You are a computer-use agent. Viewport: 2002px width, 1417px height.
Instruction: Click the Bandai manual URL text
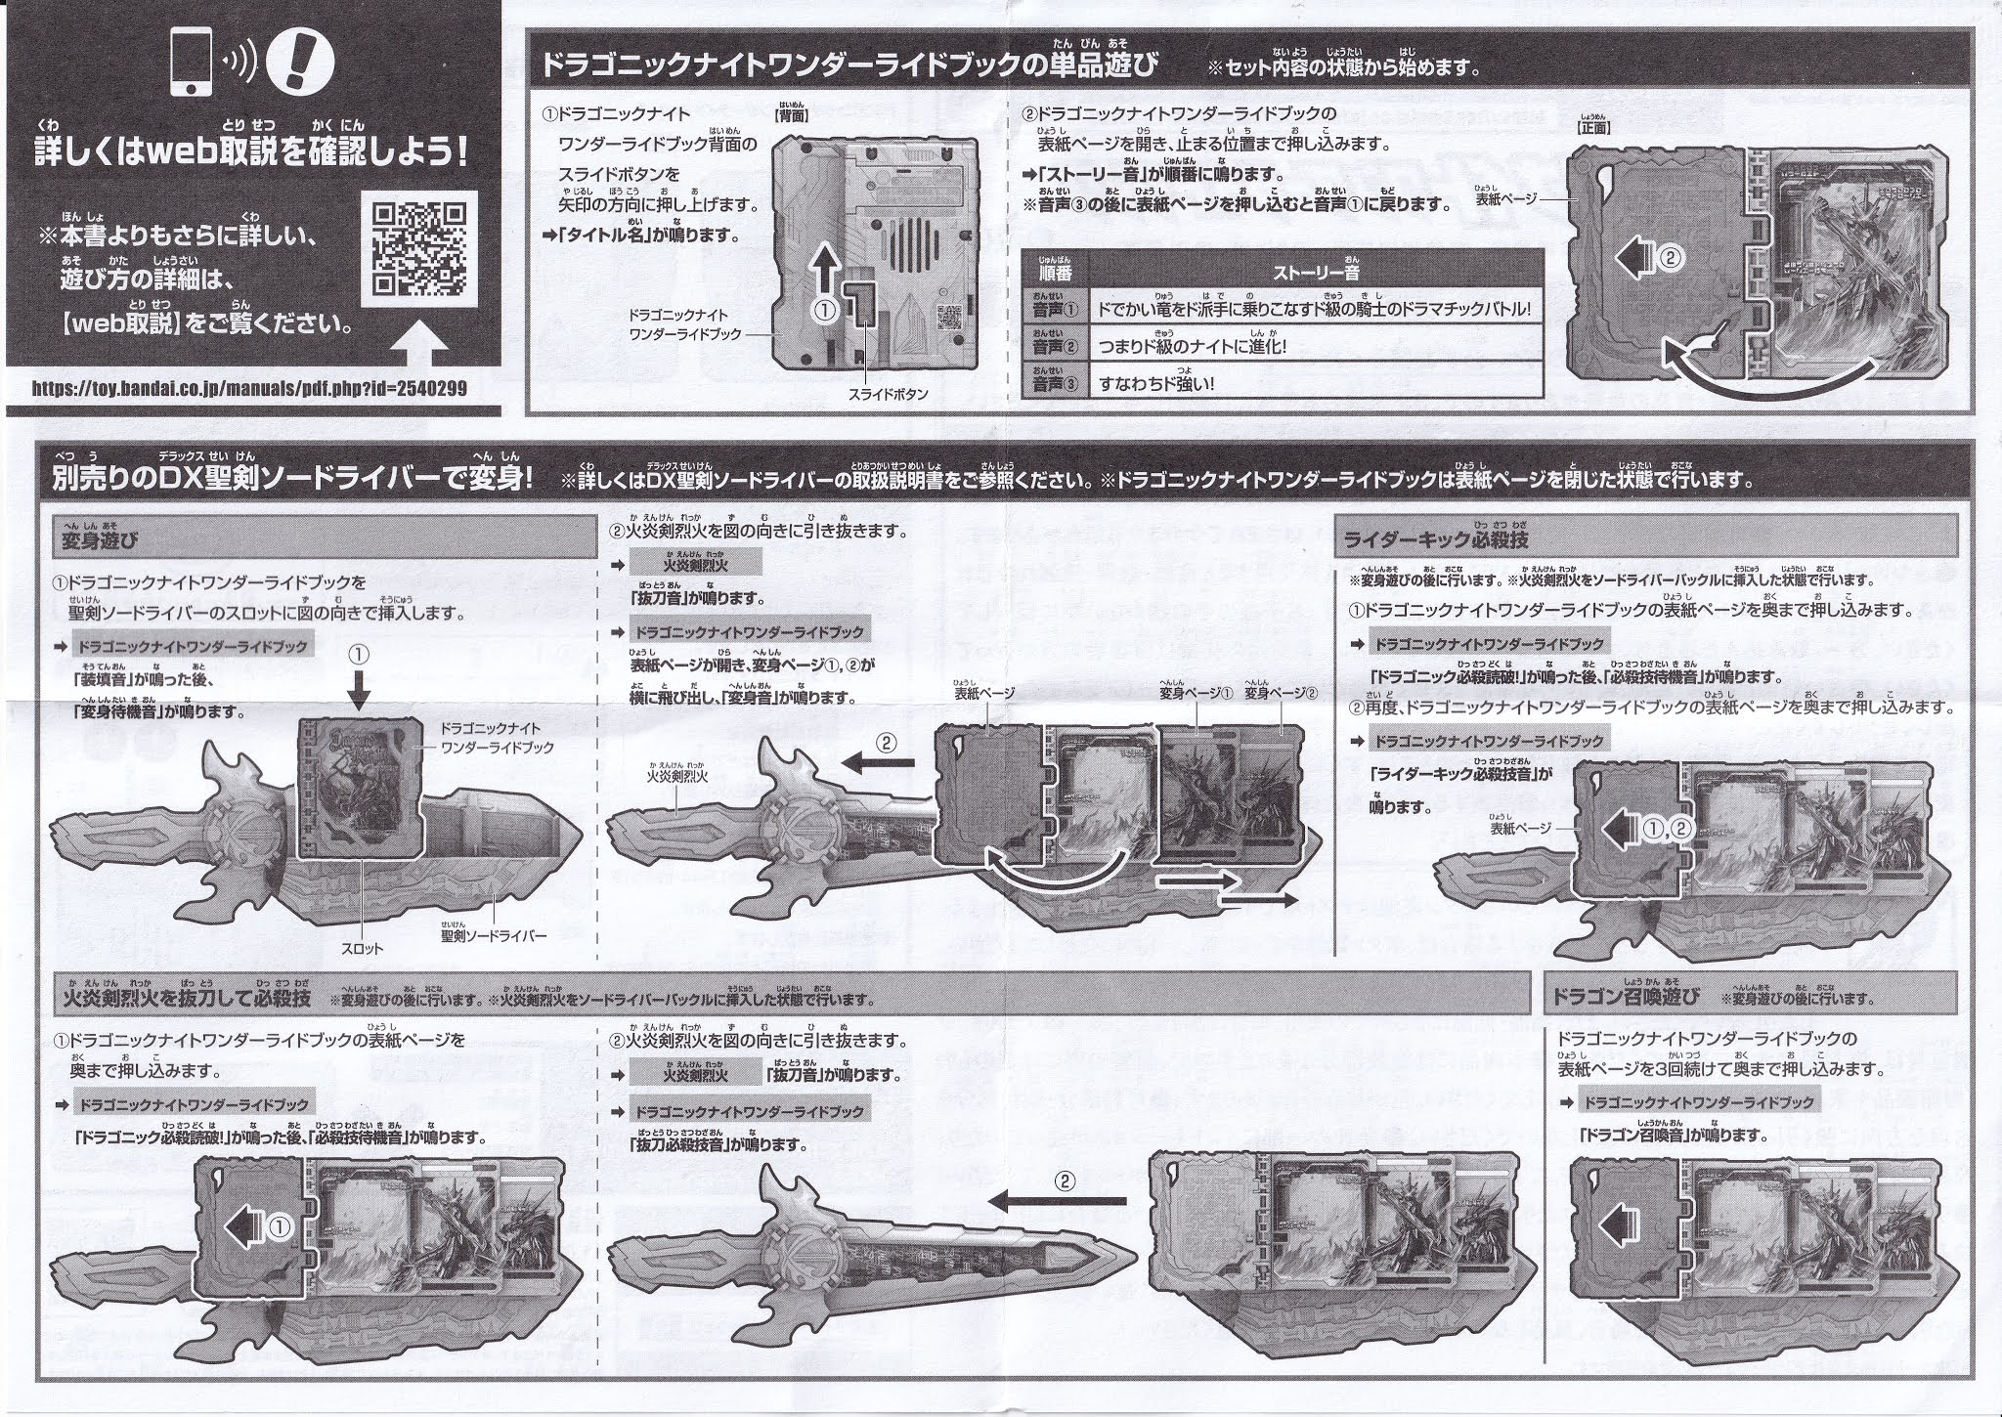[x=249, y=388]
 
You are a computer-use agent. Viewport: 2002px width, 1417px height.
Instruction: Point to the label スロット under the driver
[x=363, y=948]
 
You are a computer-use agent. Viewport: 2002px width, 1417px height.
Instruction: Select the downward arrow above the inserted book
[x=359, y=693]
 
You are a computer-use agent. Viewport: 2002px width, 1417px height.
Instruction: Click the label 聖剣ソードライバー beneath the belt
[x=492, y=935]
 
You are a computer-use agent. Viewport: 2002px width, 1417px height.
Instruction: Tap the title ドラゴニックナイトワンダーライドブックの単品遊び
[x=849, y=65]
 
